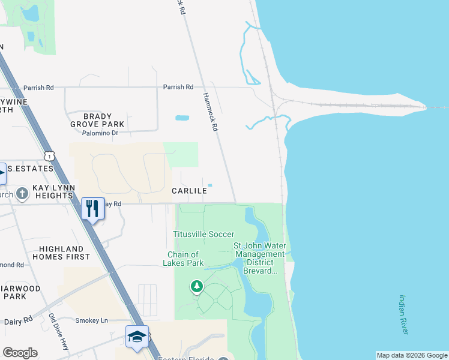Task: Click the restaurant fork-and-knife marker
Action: coord(92,208)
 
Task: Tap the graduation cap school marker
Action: coord(137,337)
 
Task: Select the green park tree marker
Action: coord(197,287)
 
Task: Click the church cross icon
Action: coord(22,193)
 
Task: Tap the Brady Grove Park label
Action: coord(96,120)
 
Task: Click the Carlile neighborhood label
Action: coord(190,191)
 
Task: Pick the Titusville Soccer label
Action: coord(203,234)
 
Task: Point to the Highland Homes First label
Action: coord(64,253)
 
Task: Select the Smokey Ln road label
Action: coord(91,320)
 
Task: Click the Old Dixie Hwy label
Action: coord(59,332)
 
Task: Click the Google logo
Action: coord(20,353)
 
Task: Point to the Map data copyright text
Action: coord(411,355)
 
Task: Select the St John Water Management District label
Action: coord(259,258)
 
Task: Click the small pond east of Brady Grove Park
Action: coord(182,118)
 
